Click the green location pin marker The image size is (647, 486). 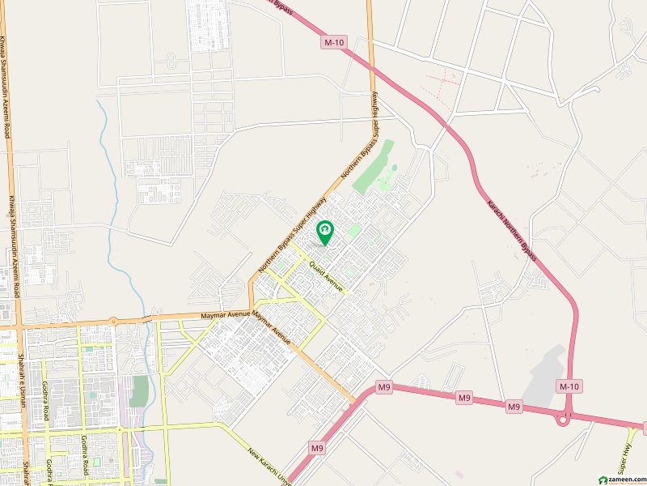(325, 233)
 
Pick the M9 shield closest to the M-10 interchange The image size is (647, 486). (514, 404)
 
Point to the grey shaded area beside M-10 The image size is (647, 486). (545, 372)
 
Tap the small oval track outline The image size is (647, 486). (171, 61)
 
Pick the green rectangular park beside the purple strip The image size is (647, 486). (139, 390)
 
